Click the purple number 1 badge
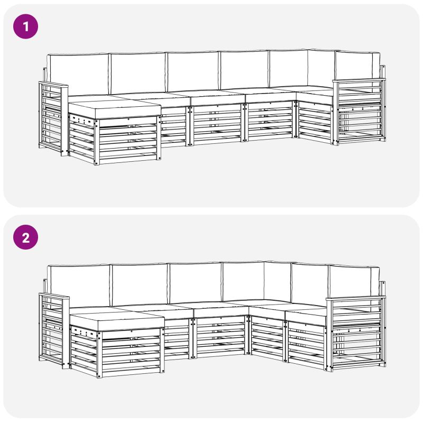pyautogui.click(x=25, y=26)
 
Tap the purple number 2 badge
pyautogui.click(x=25, y=237)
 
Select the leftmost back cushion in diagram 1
pyautogui.click(x=78, y=75)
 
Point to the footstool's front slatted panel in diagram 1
pyautogui.click(x=128, y=141)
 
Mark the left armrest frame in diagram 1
pyautogui.click(x=53, y=118)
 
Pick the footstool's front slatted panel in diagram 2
pyautogui.click(x=131, y=353)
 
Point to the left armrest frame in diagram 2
pyautogui.click(x=54, y=331)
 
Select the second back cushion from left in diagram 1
pyautogui.click(x=137, y=73)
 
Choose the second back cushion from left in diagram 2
pyautogui.click(x=140, y=285)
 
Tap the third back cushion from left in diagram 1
pyautogui.click(x=193, y=71)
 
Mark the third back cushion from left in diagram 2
pyautogui.click(x=196, y=283)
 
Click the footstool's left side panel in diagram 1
pyautogui.click(x=82, y=138)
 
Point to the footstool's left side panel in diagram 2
pyautogui.click(x=84, y=350)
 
